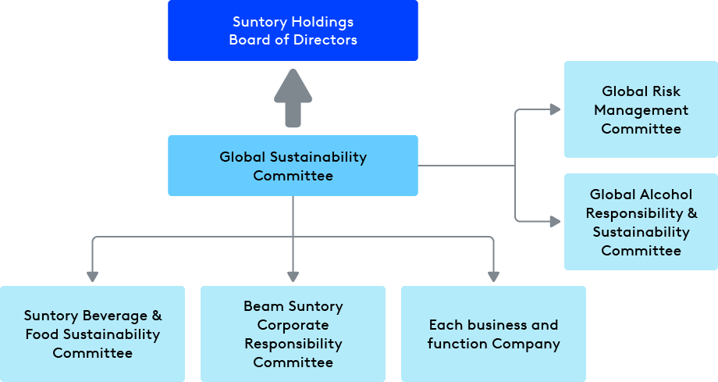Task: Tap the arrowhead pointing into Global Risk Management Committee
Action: pyautogui.click(x=555, y=109)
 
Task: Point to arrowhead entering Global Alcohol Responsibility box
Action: pyautogui.click(x=555, y=222)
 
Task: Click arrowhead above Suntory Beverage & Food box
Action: pyautogui.click(x=92, y=276)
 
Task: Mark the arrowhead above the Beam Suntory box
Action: pyautogui.click(x=293, y=276)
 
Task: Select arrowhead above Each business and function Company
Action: pyautogui.click(x=493, y=276)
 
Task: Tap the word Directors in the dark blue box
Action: pyautogui.click(x=325, y=40)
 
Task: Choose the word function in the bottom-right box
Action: pyautogui.click(x=457, y=344)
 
